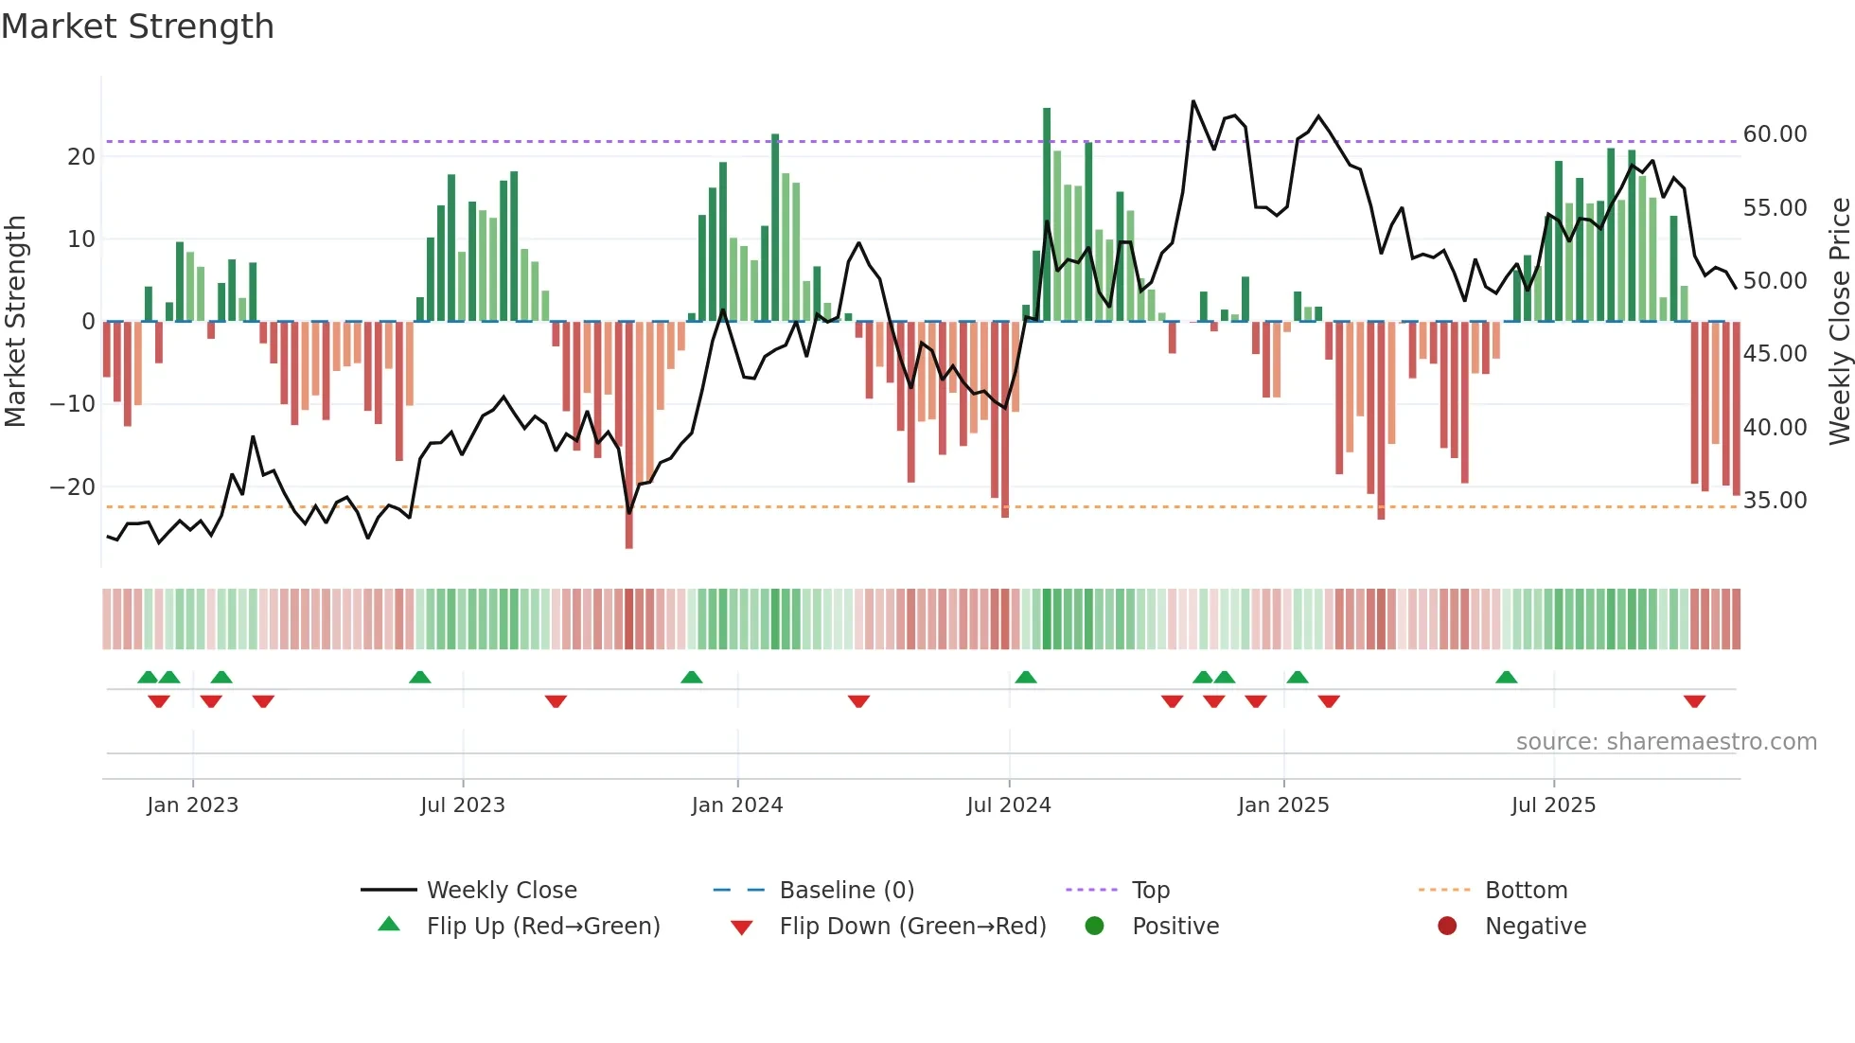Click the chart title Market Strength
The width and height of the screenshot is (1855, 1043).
137,27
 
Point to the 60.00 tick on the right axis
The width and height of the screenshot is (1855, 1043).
1775,134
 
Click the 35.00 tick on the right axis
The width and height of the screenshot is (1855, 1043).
1775,501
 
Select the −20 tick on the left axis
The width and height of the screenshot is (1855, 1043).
73,487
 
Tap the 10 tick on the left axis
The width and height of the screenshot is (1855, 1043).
81,239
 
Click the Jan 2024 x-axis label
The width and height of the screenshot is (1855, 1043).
737,805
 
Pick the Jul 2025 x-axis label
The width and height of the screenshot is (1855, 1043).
1553,805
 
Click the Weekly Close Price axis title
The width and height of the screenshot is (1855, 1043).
1839,322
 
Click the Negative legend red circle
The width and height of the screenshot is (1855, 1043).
1447,927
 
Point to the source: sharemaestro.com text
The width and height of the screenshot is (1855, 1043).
1666,742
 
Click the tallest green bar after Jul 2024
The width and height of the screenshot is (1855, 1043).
1047,214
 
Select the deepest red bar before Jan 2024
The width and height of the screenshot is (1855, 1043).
629,435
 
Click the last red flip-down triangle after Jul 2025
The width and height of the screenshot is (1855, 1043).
1694,701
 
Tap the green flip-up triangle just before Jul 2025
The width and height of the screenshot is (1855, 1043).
1507,677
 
